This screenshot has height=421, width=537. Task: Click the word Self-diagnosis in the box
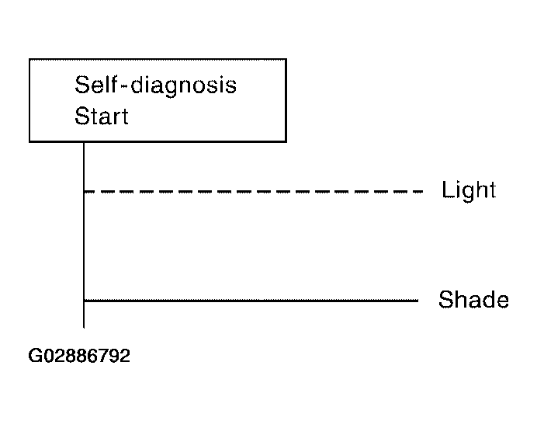[155, 86]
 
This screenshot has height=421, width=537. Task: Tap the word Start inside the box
[102, 116]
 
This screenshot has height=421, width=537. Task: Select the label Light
[469, 190]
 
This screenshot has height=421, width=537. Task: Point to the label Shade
[473, 299]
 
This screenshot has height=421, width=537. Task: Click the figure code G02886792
[79, 356]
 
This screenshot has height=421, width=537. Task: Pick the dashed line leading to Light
[254, 192]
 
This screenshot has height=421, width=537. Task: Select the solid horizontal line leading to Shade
[251, 301]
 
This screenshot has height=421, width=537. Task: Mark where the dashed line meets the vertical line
[84, 192]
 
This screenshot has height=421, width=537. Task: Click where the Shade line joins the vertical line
[84, 301]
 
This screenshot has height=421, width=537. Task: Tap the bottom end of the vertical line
[84, 328]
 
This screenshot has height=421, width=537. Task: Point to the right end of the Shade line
[418, 301]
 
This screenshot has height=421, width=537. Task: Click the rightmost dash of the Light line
[418, 192]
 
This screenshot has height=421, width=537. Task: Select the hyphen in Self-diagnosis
[125, 86]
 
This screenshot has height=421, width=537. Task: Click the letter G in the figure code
[35, 356]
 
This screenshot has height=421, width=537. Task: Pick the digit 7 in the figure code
[103, 356]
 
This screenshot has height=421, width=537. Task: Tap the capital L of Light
[447, 190]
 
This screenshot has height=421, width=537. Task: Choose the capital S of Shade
[445, 299]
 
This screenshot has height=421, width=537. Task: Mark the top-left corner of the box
[29, 60]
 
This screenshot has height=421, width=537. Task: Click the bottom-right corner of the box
[286, 141]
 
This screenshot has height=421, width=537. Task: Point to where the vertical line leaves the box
[84, 141]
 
